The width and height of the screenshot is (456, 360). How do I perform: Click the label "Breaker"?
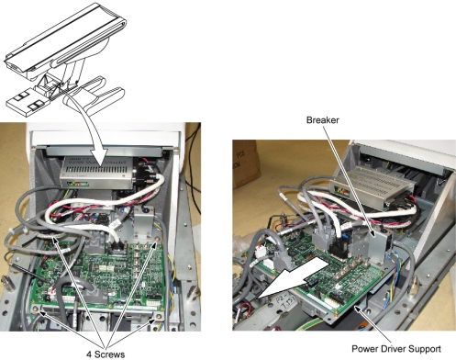click(322, 120)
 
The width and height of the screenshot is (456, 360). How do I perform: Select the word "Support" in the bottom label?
click(421, 349)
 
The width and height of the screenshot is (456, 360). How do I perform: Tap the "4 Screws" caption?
click(106, 354)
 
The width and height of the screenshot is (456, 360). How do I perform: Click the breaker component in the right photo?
click(377, 244)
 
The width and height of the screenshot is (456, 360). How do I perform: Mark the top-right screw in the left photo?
click(157, 239)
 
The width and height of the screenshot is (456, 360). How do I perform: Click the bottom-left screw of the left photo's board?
click(36, 309)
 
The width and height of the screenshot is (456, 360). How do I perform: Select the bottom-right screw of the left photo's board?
click(158, 316)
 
